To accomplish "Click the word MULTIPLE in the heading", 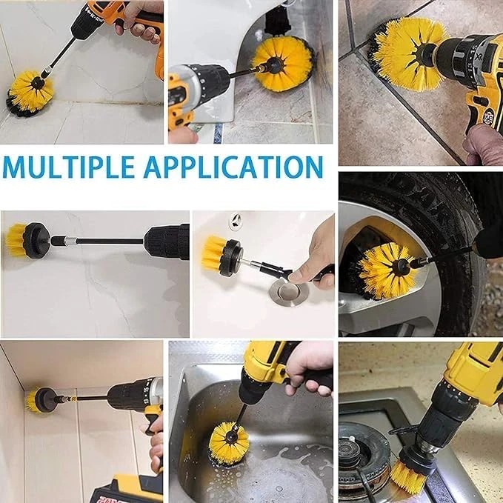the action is pyautogui.click(x=68, y=167).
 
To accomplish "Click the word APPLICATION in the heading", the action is pyautogui.click(x=233, y=167).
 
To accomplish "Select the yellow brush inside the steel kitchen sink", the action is pyautogui.click(x=228, y=443).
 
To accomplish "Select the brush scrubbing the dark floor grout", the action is pyautogui.click(x=407, y=53).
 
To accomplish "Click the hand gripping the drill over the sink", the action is pyautogui.click(x=309, y=368).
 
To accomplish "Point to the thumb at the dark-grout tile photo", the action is pyautogui.click(x=482, y=144).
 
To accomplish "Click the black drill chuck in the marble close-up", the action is pyautogui.click(x=166, y=241).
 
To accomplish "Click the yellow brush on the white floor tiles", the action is pyautogui.click(x=30, y=93).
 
